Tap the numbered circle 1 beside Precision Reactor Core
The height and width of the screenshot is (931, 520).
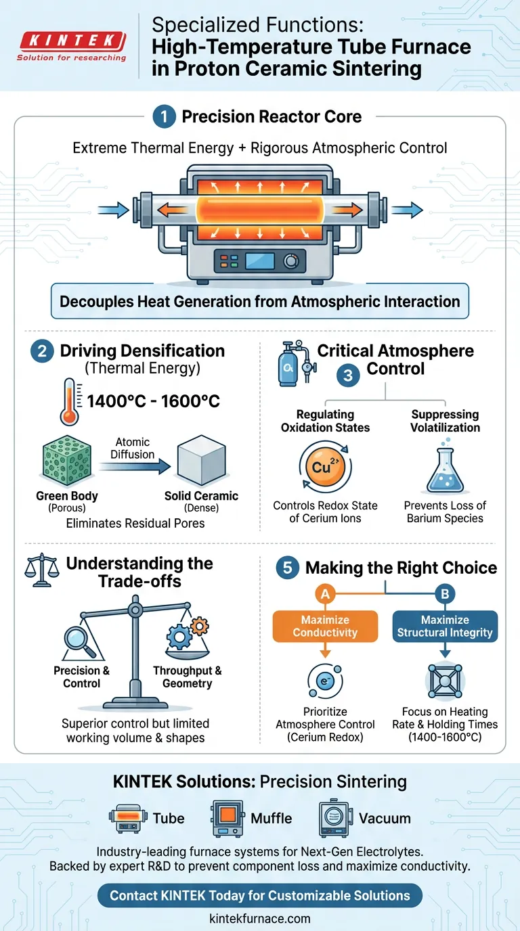(164, 117)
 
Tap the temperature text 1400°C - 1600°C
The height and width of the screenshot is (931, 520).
(154, 401)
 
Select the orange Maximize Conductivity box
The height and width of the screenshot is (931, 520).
(325, 626)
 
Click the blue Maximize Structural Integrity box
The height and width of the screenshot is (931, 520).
(445, 626)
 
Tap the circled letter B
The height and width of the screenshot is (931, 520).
(445, 594)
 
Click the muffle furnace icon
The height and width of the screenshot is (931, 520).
(227, 819)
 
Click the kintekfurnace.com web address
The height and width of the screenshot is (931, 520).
(260, 918)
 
